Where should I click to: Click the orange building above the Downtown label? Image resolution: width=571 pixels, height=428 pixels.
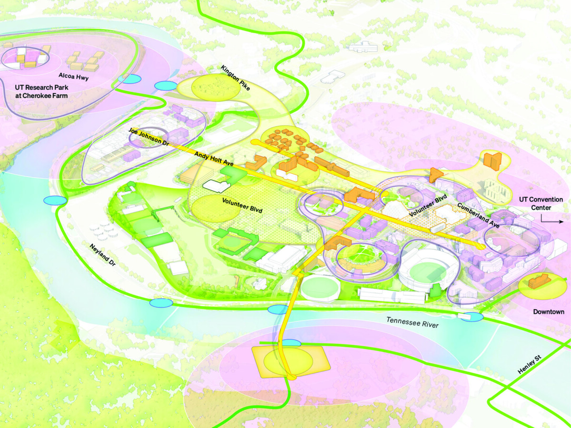click(537, 282)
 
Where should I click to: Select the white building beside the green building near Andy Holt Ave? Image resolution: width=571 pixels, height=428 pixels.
click(210, 185)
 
